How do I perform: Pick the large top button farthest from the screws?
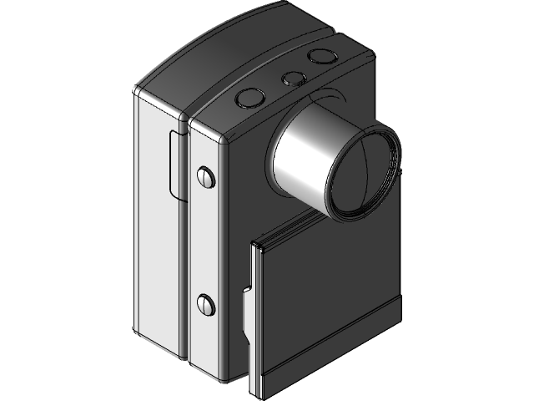point(319,57)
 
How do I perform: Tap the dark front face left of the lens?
point(246,192)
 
